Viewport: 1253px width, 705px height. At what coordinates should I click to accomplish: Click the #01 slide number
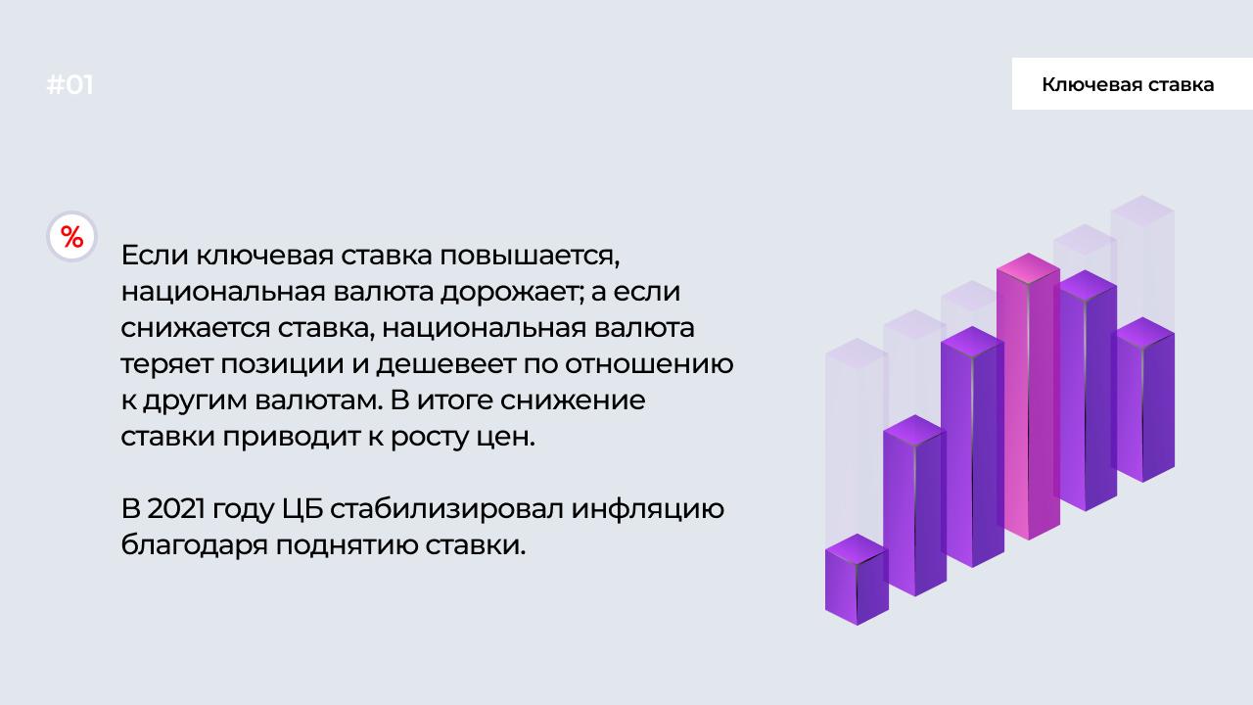pos(70,85)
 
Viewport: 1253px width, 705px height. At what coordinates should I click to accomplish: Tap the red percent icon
pos(72,237)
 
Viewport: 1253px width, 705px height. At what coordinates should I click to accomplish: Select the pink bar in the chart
pos(1028,397)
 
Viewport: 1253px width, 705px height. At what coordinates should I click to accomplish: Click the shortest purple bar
pos(857,579)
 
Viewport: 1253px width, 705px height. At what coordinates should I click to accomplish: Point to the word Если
pos(155,256)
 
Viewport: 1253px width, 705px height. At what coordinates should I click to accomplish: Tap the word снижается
pos(195,328)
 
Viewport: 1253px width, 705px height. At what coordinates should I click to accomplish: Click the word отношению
pos(649,364)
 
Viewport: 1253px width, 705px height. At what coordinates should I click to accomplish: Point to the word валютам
pos(319,400)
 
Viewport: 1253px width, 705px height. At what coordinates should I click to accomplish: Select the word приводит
pos(291,438)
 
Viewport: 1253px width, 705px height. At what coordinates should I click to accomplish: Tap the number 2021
pos(175,508)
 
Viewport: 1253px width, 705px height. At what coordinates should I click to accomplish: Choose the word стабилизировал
pos(446,510)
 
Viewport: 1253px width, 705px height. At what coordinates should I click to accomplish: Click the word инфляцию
pos(647,510)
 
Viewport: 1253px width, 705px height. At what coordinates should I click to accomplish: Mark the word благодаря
pos(195,546)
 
